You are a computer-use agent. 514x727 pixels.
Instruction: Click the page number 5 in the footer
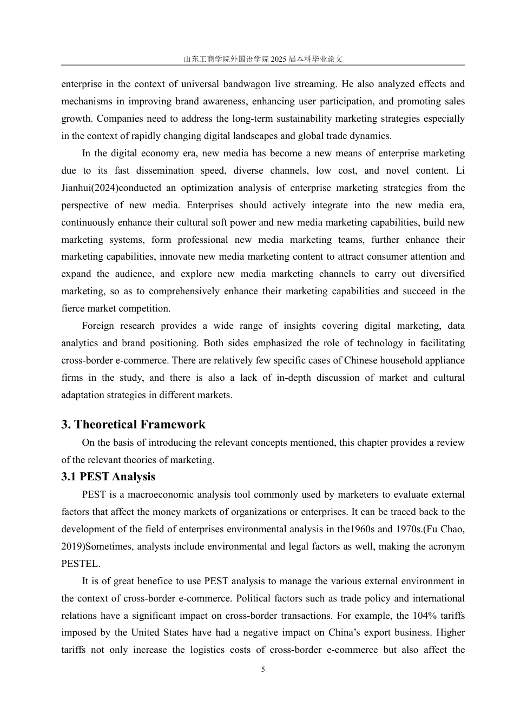click(263, 670)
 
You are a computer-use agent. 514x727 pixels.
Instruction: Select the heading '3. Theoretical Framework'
click(133, 425)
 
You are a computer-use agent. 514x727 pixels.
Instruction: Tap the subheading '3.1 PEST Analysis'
click(108, 477)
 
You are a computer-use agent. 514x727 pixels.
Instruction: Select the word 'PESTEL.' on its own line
click(81, 564)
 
